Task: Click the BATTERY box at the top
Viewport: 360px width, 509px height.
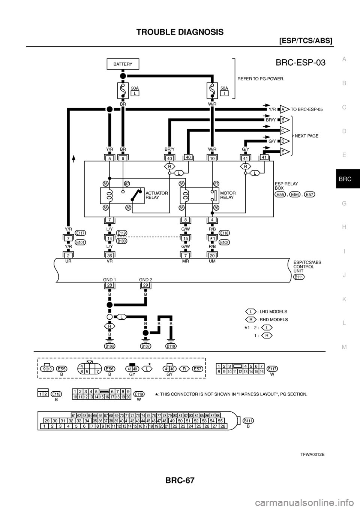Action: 123,64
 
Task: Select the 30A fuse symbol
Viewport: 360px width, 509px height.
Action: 123,90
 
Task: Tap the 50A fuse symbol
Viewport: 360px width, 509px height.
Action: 212,90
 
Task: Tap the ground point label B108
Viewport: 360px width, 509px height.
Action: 110,346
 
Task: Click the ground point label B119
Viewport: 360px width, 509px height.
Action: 171,346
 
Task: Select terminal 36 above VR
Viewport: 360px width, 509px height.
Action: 110,255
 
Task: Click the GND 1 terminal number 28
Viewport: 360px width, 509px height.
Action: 110,286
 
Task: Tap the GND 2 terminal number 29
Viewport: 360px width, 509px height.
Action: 145,286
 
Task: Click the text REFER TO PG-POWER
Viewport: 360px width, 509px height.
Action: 261,79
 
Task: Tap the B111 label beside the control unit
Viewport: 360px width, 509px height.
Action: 299,277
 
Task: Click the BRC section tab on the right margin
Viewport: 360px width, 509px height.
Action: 345,179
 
